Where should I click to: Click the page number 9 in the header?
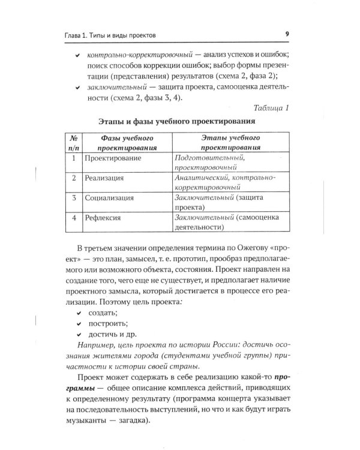click(287, 34)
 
